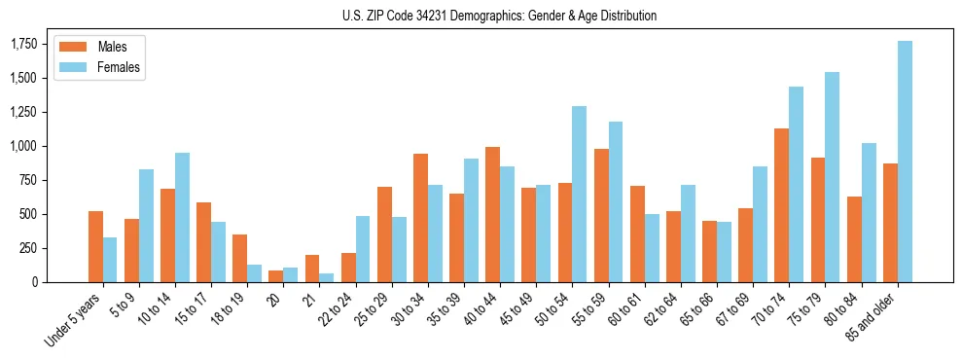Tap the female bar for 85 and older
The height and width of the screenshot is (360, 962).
[905, 162]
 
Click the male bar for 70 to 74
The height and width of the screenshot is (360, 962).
[781, 205]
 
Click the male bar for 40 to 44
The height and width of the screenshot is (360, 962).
[493, 215]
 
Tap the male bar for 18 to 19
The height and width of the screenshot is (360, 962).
[239, 258]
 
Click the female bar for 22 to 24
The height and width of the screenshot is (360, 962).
[363, 249]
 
